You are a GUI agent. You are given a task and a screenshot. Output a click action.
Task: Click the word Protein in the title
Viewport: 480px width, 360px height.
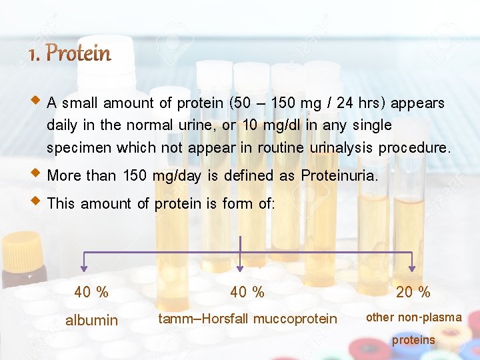coord(79,53)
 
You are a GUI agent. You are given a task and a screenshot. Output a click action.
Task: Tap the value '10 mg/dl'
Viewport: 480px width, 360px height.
coord(267,125)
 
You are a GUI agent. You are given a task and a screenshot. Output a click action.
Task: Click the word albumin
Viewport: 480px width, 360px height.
coord(91,321)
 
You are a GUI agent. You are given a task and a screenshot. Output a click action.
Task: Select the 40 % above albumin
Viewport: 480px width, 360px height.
coord(91,292)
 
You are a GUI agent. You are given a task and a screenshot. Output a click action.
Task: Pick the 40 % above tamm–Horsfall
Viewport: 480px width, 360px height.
coord(247,292)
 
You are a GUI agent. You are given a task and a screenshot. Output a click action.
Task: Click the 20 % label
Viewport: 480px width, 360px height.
coord(413,292)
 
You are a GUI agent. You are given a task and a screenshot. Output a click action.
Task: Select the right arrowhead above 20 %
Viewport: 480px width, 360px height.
coord(411,268)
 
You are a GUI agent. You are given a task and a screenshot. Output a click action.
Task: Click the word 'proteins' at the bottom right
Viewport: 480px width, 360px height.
coord(413,340)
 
